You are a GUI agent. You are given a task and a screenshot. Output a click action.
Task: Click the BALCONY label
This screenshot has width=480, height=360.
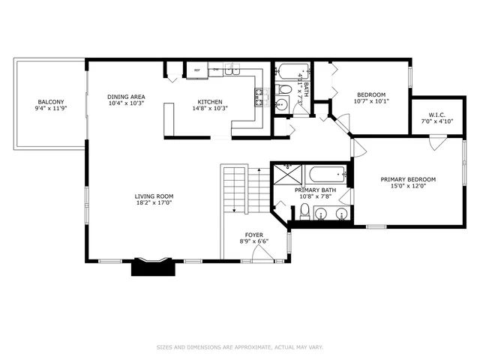click(x=51, y=102)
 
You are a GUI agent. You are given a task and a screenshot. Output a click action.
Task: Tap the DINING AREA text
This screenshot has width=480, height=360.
click(x=126, y=97)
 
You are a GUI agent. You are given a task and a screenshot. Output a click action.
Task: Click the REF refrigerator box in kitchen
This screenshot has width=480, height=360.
click(x=197, y=70)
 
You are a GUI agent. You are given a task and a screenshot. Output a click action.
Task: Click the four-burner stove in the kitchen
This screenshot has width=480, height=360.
click(x=261, y=94)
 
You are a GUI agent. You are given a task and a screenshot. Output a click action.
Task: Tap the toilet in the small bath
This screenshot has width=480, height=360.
click(x=284, y=91)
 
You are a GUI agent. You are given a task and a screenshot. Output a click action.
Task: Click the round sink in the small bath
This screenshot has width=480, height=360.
click(x=280, y=105)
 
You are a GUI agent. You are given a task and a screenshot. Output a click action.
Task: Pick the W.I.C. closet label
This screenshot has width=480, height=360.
click(x=431, y=116)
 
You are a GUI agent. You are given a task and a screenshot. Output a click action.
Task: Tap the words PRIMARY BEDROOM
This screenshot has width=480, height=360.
click(x=408, y=179)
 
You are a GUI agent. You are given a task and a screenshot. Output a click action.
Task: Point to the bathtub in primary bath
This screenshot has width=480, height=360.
click(x=327, y=175)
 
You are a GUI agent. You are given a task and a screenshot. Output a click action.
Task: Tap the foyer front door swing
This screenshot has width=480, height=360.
click(x=262, y=253)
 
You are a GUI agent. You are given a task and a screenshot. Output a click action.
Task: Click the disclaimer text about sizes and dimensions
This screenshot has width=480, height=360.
click(x=239, y=346)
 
